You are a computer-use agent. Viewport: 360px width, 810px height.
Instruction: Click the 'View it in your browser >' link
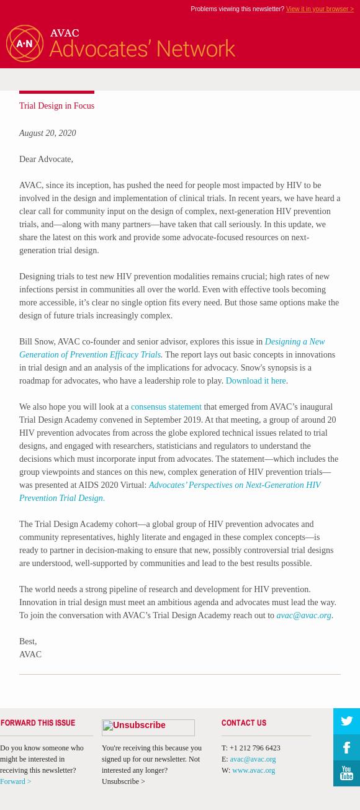pyautogui.click(x=320, y=9)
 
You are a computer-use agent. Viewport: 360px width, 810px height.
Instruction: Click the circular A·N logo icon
pyautogui.click(x=25, y=43)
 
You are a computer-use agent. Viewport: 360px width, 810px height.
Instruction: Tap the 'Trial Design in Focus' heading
pyautogui.click(x=56, y=106)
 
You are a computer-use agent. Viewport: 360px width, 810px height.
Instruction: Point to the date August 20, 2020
pyautogui.click(x=47, y=133)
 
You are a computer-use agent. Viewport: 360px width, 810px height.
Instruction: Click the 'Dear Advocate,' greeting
pyautogui.click(x=46, y=160)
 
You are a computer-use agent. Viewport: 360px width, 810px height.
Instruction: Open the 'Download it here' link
pyautogui.click(x=256, y=381)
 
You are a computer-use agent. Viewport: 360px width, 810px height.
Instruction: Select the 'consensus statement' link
pyautogui.click(x=166, y=407)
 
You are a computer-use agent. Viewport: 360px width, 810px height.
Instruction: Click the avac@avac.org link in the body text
pyautogui.click(x=304, y=616)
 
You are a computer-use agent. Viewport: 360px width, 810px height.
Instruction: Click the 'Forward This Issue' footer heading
pyautogui.click(x=38, y=723)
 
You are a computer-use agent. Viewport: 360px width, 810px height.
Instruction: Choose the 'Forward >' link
pyautogui.click(x=16, y=781)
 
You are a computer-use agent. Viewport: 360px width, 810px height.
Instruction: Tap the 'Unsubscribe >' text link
pyautogui.click(x=124, y=781)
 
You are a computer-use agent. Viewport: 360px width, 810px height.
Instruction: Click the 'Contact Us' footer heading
pyautogui.click(x=244, y=723)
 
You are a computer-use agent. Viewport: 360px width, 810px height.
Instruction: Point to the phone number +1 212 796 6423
pyautogui.click(x=254, y=748)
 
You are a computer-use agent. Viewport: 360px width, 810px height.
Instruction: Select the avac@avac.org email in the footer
pyautogui.click(x=253, y=759)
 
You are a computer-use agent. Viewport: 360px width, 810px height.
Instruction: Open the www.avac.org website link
pyautogui.click(x=253, y=770)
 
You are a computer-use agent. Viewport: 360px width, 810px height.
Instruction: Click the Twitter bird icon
pyautogui.click(x=346, y=721)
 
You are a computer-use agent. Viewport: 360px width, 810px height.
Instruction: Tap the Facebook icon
pyautogui.click(x=346, y=747)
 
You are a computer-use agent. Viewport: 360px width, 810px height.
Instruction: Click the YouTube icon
pyautogui.click(x=346, y=773)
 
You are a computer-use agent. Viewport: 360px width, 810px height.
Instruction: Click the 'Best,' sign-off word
pyautogui.click(x=28, y=642)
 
